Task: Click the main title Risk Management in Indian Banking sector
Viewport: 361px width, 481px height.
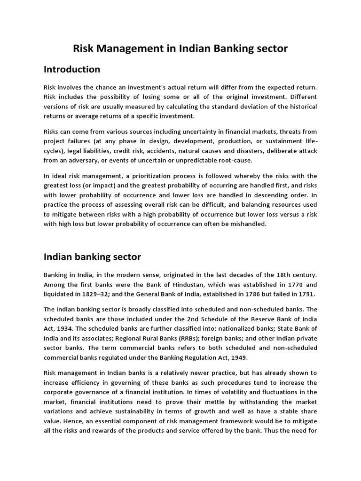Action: pyautogui.click(x=180, y=48)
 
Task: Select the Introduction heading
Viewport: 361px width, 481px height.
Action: pyautogui.click(x=72, y=70)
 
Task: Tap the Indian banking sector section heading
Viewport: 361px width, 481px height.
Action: pyautogui.click(x=92, y=257)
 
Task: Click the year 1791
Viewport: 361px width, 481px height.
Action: pyautogui.click(x=304, y=294)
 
